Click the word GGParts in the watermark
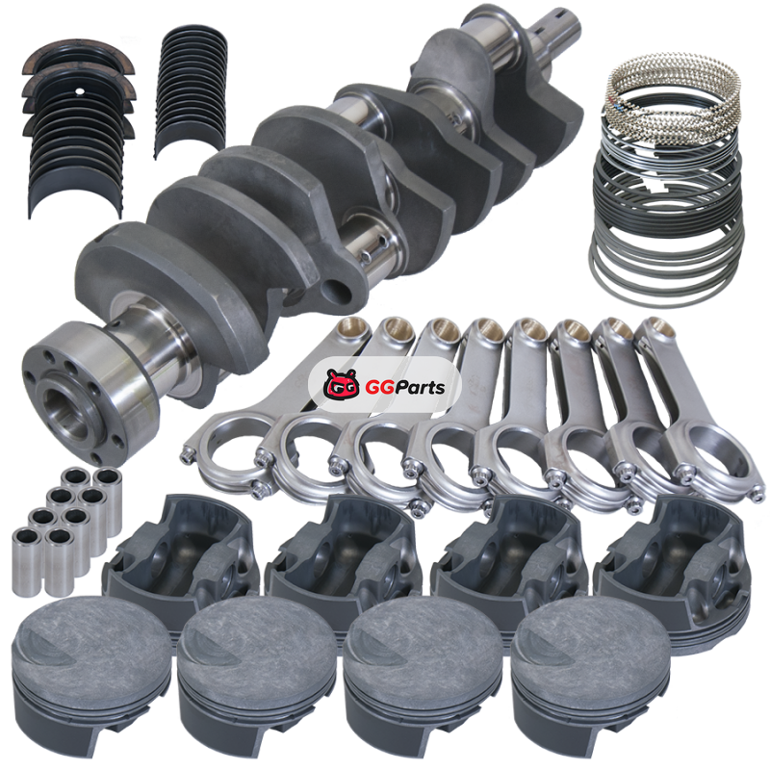click(404, 388)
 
